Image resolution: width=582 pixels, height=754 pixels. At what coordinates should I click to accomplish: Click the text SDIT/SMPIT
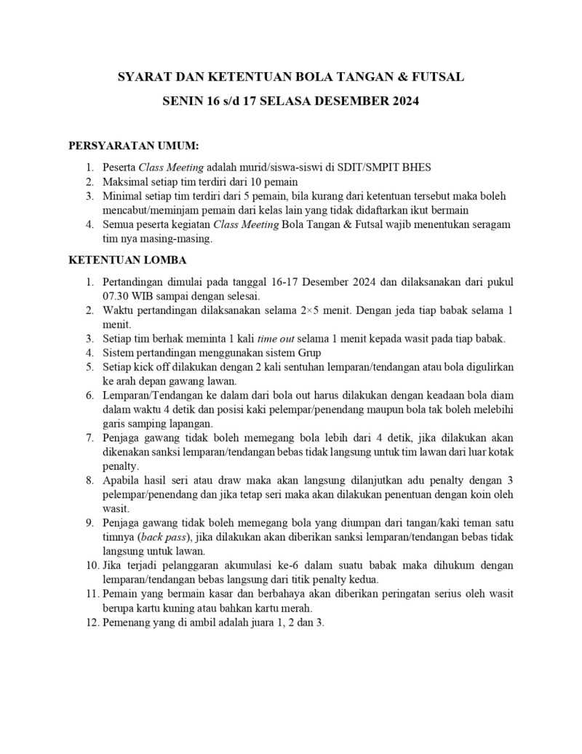pos(372,167)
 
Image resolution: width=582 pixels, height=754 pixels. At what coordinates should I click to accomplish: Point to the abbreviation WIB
pos(148,296)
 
